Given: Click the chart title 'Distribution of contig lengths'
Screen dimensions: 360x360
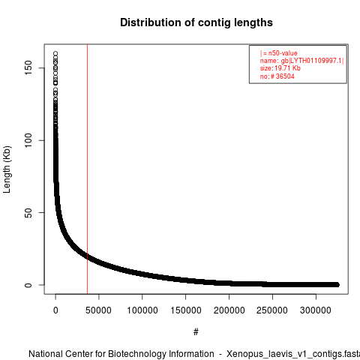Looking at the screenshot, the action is (x=196, y=22).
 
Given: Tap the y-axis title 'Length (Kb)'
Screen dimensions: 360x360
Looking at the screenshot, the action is (x=7, y=169).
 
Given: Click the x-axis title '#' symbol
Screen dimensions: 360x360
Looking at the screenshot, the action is (x=196, y=332).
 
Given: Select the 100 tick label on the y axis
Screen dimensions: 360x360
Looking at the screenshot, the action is (x=28, y=140).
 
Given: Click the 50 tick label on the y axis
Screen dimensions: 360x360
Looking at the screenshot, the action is (x=28, y=212).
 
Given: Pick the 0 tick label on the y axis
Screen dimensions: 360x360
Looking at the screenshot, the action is (x=28, y=285).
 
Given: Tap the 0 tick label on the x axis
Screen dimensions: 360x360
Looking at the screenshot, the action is (x=55, y=310).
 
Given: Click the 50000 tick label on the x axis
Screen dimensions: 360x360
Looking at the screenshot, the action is (x=98, y=310).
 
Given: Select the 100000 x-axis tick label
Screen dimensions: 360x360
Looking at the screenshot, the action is (x=142, y=310).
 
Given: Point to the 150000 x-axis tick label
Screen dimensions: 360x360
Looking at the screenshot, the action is (x=186, y=310).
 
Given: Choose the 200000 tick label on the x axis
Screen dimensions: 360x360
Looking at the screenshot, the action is (x=229, y=310).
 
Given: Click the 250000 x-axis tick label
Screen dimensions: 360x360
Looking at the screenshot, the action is (x=272, y=310).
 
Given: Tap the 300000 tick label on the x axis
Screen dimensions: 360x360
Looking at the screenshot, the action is (x=316, y=310).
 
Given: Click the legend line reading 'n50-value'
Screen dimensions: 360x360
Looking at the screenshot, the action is (x=279, y=53).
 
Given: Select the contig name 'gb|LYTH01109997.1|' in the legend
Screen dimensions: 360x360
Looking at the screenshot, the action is (x=313, y=61).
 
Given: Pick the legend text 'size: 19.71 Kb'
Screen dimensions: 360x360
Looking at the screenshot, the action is (x=280, y=68).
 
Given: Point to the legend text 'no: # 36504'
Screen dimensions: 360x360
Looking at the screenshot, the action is (x=277, y=76).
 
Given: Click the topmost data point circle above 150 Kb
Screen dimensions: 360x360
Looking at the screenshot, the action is (x=55, y=53).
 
